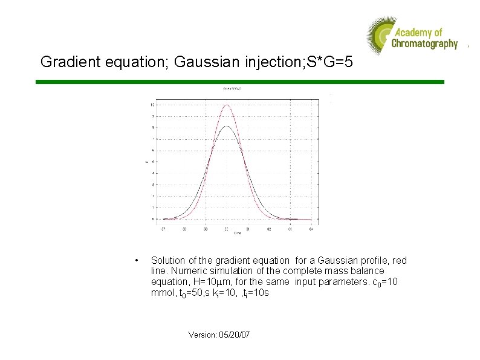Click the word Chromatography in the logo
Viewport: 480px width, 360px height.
[x=424, y=44]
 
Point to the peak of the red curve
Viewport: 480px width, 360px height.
[x=226, y=105]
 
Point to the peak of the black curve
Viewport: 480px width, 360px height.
[x=226, y=126]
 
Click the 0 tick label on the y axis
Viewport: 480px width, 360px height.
[x=153, y=219]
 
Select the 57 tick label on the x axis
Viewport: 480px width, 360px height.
[x=163, y=229]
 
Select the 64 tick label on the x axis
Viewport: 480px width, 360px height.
[x=311, y=229]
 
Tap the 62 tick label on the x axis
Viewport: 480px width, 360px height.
[x=269, y=229]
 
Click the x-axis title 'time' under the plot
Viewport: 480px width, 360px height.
[x=238, y=233]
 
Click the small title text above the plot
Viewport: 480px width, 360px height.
[x=233, y=89]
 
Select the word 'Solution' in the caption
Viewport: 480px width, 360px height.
[x=169, y=261]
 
